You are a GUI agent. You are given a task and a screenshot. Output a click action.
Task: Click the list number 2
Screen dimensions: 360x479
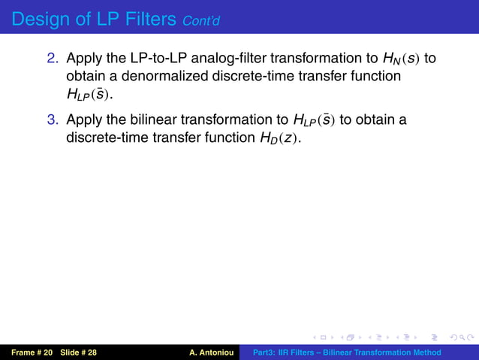54,59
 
